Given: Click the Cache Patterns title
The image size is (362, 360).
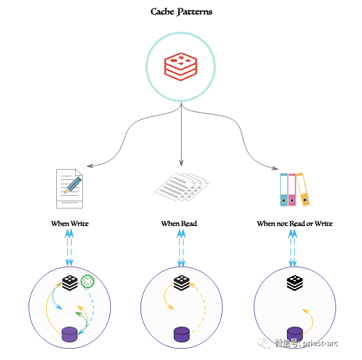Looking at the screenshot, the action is point(181,12).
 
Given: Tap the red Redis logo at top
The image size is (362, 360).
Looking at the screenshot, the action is point(180,67).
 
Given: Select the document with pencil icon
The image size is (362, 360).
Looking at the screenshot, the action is point(70,188).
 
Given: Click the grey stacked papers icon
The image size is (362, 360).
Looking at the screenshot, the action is point(182,187).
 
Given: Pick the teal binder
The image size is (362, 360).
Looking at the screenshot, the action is point(284,190).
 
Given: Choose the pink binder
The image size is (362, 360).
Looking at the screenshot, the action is point(292,190).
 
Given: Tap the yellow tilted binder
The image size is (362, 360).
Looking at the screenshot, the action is point(303,189).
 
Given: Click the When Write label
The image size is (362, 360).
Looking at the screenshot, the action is point(70,224).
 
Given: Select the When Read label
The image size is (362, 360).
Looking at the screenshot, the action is point(179,224).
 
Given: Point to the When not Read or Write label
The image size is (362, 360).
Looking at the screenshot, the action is point(295,224).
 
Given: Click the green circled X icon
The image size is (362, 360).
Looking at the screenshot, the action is point(88,281).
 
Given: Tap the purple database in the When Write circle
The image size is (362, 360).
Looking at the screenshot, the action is point(70,335).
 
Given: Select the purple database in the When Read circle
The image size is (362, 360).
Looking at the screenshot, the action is point(182,335).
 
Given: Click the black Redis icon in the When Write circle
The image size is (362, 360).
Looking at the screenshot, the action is point(70,283).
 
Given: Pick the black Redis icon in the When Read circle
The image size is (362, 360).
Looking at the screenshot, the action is point(182,283).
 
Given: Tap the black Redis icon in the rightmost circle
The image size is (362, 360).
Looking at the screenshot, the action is point(295,283).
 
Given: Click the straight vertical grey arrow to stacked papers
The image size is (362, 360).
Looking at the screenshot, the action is point(181,134).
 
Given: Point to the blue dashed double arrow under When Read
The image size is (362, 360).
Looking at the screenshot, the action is point(181,248).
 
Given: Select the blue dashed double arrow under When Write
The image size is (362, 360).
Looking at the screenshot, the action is point(69,248).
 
